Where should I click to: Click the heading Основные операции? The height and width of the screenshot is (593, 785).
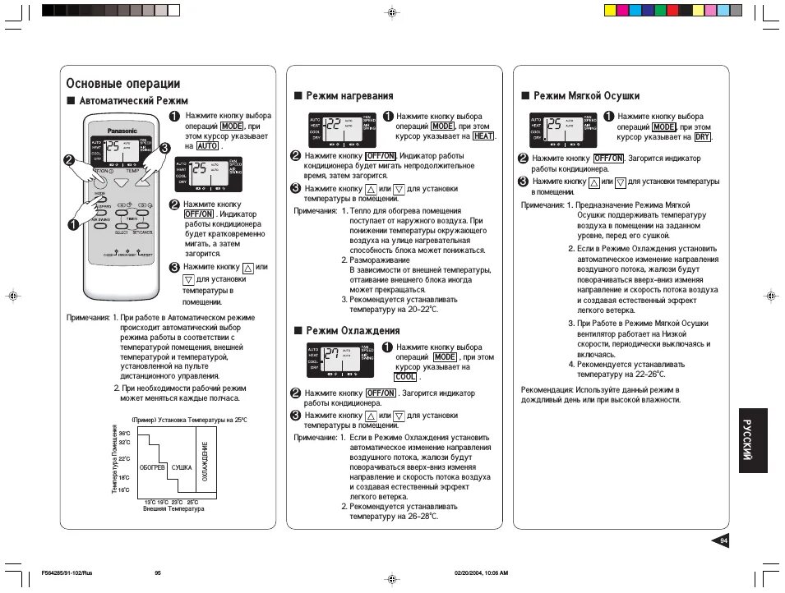tap(122, 83)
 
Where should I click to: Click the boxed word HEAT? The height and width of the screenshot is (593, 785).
tap(483, 136)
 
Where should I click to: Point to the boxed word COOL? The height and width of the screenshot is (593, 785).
tap(406, 377)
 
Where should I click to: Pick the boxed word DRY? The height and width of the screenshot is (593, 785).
tap(702, 137)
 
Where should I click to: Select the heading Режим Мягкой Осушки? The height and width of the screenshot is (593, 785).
tap(586, 96)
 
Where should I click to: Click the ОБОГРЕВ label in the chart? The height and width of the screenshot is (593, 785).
tap(153, 467)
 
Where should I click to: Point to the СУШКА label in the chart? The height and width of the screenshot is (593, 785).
tap(182, 467)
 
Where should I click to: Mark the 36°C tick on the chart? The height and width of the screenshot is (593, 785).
tap(124, 433)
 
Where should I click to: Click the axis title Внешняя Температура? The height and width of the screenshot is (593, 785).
tap(173, 509)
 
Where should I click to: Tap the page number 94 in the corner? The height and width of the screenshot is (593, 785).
tap(724, 540)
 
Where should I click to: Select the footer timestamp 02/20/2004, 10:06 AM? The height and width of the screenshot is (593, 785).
tap(481, 572)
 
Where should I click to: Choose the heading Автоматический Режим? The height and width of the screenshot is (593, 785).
tap(133, 100)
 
